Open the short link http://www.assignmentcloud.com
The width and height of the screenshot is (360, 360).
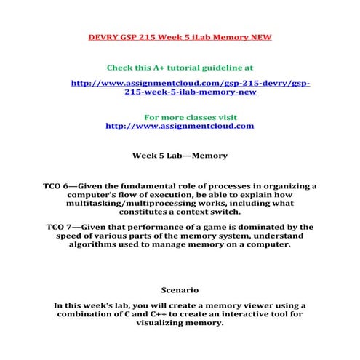(x=180, y=126)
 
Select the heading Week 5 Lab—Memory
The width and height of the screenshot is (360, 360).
(x=180, y=155)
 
